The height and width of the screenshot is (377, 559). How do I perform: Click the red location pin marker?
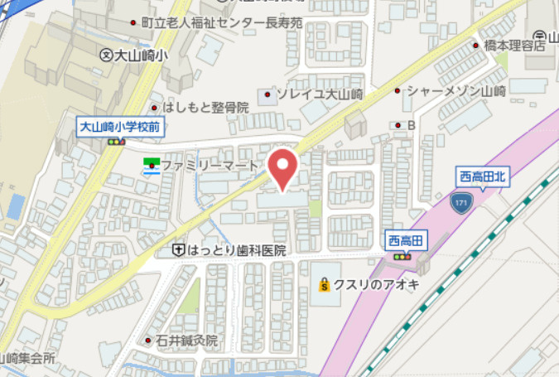[283, 168]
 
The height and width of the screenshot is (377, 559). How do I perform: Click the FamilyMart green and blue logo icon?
[151, 167]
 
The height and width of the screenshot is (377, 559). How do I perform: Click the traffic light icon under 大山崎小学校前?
[115, 143]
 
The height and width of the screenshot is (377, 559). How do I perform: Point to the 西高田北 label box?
[481, 176]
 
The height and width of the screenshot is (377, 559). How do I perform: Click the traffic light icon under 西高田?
[403, 257]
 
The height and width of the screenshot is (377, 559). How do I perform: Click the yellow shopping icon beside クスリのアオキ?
[325, 285]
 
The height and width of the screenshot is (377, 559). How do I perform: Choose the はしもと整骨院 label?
[206, 107]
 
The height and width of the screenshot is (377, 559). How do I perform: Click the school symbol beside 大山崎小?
[105, 55]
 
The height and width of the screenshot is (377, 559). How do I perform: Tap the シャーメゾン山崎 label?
[455, 91]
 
